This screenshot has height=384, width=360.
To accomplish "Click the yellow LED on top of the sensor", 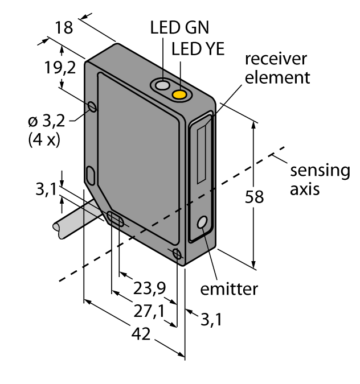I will (x=181, y=93).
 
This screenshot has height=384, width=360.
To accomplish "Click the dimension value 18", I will (x=64, y=28).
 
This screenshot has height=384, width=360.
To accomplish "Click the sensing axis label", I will (x=320, y=179).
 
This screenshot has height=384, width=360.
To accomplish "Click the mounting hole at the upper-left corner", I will (x=92, y=106).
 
